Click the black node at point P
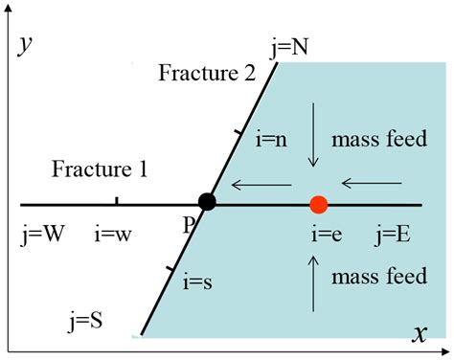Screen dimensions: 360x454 coord(206,202)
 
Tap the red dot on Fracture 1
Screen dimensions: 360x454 coord(319,204)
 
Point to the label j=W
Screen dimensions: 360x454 coord(42,235)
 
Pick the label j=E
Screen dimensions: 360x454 coord(393,235)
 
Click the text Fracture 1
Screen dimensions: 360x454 coord(100,170)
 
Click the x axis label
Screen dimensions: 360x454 coord(420,333)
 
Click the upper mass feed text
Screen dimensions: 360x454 coord(378,140)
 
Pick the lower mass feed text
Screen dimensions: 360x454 coord(378,278)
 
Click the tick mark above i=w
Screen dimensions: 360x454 coord(117,199)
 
